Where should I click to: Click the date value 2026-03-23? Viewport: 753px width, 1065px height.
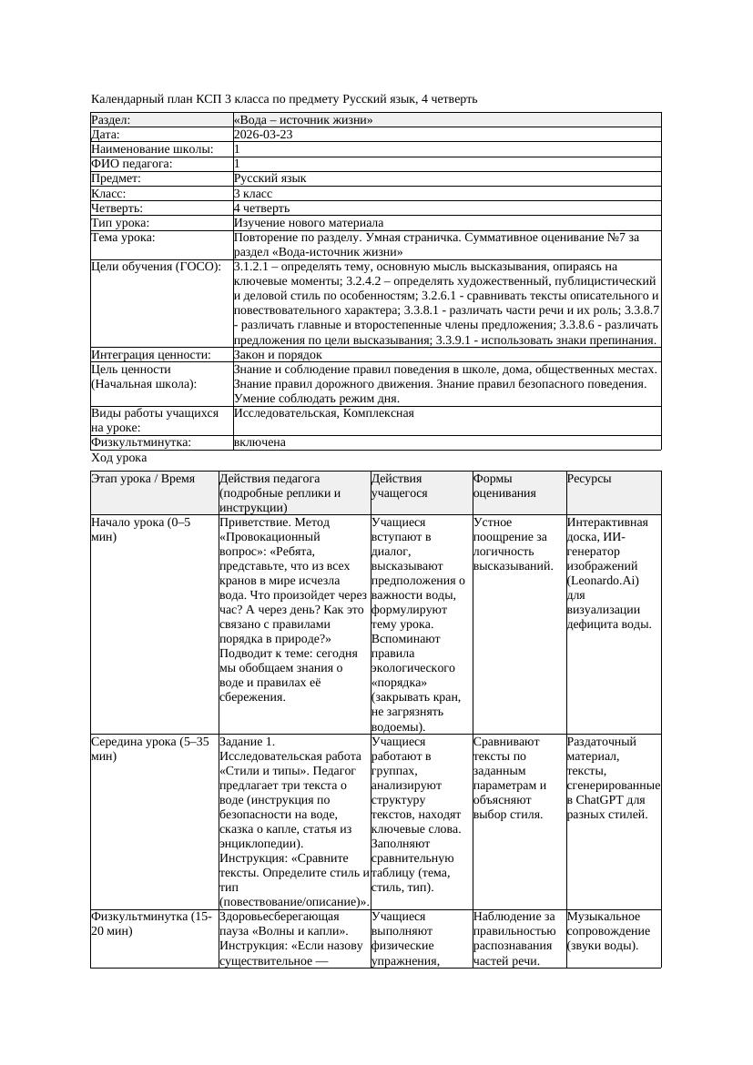click(x=262, y=135)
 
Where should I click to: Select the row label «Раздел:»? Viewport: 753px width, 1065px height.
click(x=111, y=120)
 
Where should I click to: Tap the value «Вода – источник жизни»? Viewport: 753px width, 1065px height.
click(x=303, y=120)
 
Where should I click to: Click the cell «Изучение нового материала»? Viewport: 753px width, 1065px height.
click(x=308, y=223)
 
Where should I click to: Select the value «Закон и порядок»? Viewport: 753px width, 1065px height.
click(x=277, y=355)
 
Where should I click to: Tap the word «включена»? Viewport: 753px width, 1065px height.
click(x=259, y=442)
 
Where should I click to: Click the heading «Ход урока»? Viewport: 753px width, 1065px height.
click(x=119, y=459)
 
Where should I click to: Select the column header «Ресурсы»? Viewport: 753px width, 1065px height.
click(x=589, y=479)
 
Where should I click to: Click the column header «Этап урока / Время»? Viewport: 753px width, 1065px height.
click(x=143, y=479)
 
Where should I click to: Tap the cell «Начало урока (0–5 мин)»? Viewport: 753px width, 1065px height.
click(x=141, y=530)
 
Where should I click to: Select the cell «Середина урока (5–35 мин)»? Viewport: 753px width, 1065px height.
click(x=149, y=748)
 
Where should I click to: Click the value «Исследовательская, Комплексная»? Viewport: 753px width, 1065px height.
click(x=323, y=413)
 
